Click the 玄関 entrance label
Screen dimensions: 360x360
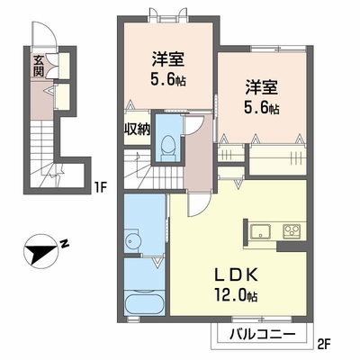point(39,66)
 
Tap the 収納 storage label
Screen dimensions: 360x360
point(138,130)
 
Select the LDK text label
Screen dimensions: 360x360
point(235,274)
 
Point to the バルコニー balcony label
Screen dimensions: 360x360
point(262,334)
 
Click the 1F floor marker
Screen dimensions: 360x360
point(101,187)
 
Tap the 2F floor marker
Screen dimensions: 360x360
point(323,342)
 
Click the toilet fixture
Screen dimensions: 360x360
point(167,148)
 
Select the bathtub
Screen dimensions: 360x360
point(145,302)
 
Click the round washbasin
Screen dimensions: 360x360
point(131,240)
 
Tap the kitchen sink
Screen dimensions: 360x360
point(260,232)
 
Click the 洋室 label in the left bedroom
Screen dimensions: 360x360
point(168,59)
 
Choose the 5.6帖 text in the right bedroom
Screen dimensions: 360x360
point(262,107)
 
